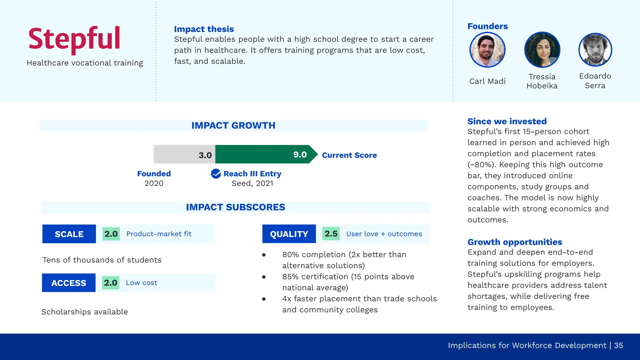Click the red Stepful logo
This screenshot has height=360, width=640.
coord(74,39)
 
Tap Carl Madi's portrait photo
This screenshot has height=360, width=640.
coord(487,50)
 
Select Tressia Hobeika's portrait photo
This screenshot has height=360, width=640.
coord(542,50)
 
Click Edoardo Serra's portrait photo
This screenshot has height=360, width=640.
coord(595,50)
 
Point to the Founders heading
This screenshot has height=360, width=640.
coord(487,26)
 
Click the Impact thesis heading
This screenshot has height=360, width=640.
coord(204,29)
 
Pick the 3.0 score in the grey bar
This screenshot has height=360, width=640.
coord(205,155)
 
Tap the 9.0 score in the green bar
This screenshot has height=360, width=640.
coord(300,154)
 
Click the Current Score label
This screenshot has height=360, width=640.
coord(349,155)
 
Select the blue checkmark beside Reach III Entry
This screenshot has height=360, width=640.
coord(216,173)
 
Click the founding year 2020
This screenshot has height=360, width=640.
coord(154,183)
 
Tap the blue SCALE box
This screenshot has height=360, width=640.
coord(69,234)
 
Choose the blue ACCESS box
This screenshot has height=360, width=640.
coord(69,283)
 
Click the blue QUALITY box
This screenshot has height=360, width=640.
coord(289,234)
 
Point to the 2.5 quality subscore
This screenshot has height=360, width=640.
coord(331,234)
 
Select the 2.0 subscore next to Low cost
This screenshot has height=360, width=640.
coord(111,283)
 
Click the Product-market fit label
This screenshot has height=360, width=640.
coord(159,234)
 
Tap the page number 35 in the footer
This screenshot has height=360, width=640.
coord(618,345)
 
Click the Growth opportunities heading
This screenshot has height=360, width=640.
coord(515,242)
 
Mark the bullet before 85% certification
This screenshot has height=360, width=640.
coord(264,277)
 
